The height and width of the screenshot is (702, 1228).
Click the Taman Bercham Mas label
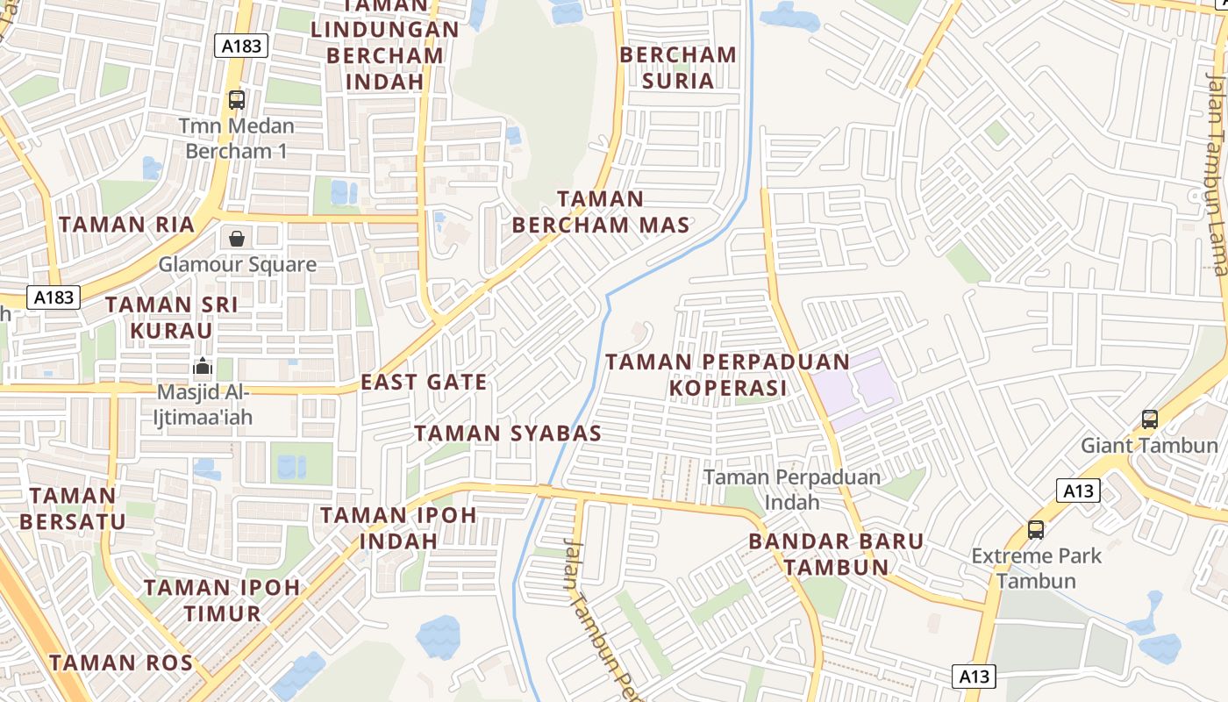pyautogui.click(x=601, y=212)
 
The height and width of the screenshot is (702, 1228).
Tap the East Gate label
pyautogui.click(x=424, y=382)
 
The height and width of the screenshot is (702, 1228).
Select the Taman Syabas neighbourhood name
pyautogui.click(x=508, y=433)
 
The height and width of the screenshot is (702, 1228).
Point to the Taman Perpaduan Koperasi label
pyautogui.click(x=727, y=375)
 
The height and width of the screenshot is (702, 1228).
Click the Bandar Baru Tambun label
pyautogui.click(x=836, y=554)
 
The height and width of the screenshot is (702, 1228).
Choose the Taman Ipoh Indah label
pyautogui.click(x=398, y=527)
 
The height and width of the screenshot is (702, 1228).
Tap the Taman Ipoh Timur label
pyautogui.click(x=222, y=600)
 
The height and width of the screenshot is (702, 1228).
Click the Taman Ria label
pyautogui.click(x=126, y=224)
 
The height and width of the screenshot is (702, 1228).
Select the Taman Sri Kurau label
pyautogui.click(x=171, y=318)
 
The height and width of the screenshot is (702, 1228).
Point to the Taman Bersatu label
pyautogui.click(x=73, y=508)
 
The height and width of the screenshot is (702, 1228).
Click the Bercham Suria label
pyautogui.click(x=678, y=68)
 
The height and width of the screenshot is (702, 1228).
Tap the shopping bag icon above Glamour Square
pyautogui.click(x=237, y=238)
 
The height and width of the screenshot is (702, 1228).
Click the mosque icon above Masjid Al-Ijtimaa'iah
pyautogui.click(x=203, y=366)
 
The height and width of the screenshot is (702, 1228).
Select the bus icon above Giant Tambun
pyautogui.click(x=1149, y=419)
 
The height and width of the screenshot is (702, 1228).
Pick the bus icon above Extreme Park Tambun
pyautogui.click(x=1036, y=530)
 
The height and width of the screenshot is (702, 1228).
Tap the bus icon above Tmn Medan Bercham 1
pyautogui.click(x=237, y=100)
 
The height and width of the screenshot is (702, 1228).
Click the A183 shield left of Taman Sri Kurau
pyautogui.click(x=54, y=297)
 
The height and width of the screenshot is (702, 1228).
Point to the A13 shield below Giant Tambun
pyautogui.click(x=1077, y=491)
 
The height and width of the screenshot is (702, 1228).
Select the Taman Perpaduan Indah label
pyautogui.click(x=792, y=490)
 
